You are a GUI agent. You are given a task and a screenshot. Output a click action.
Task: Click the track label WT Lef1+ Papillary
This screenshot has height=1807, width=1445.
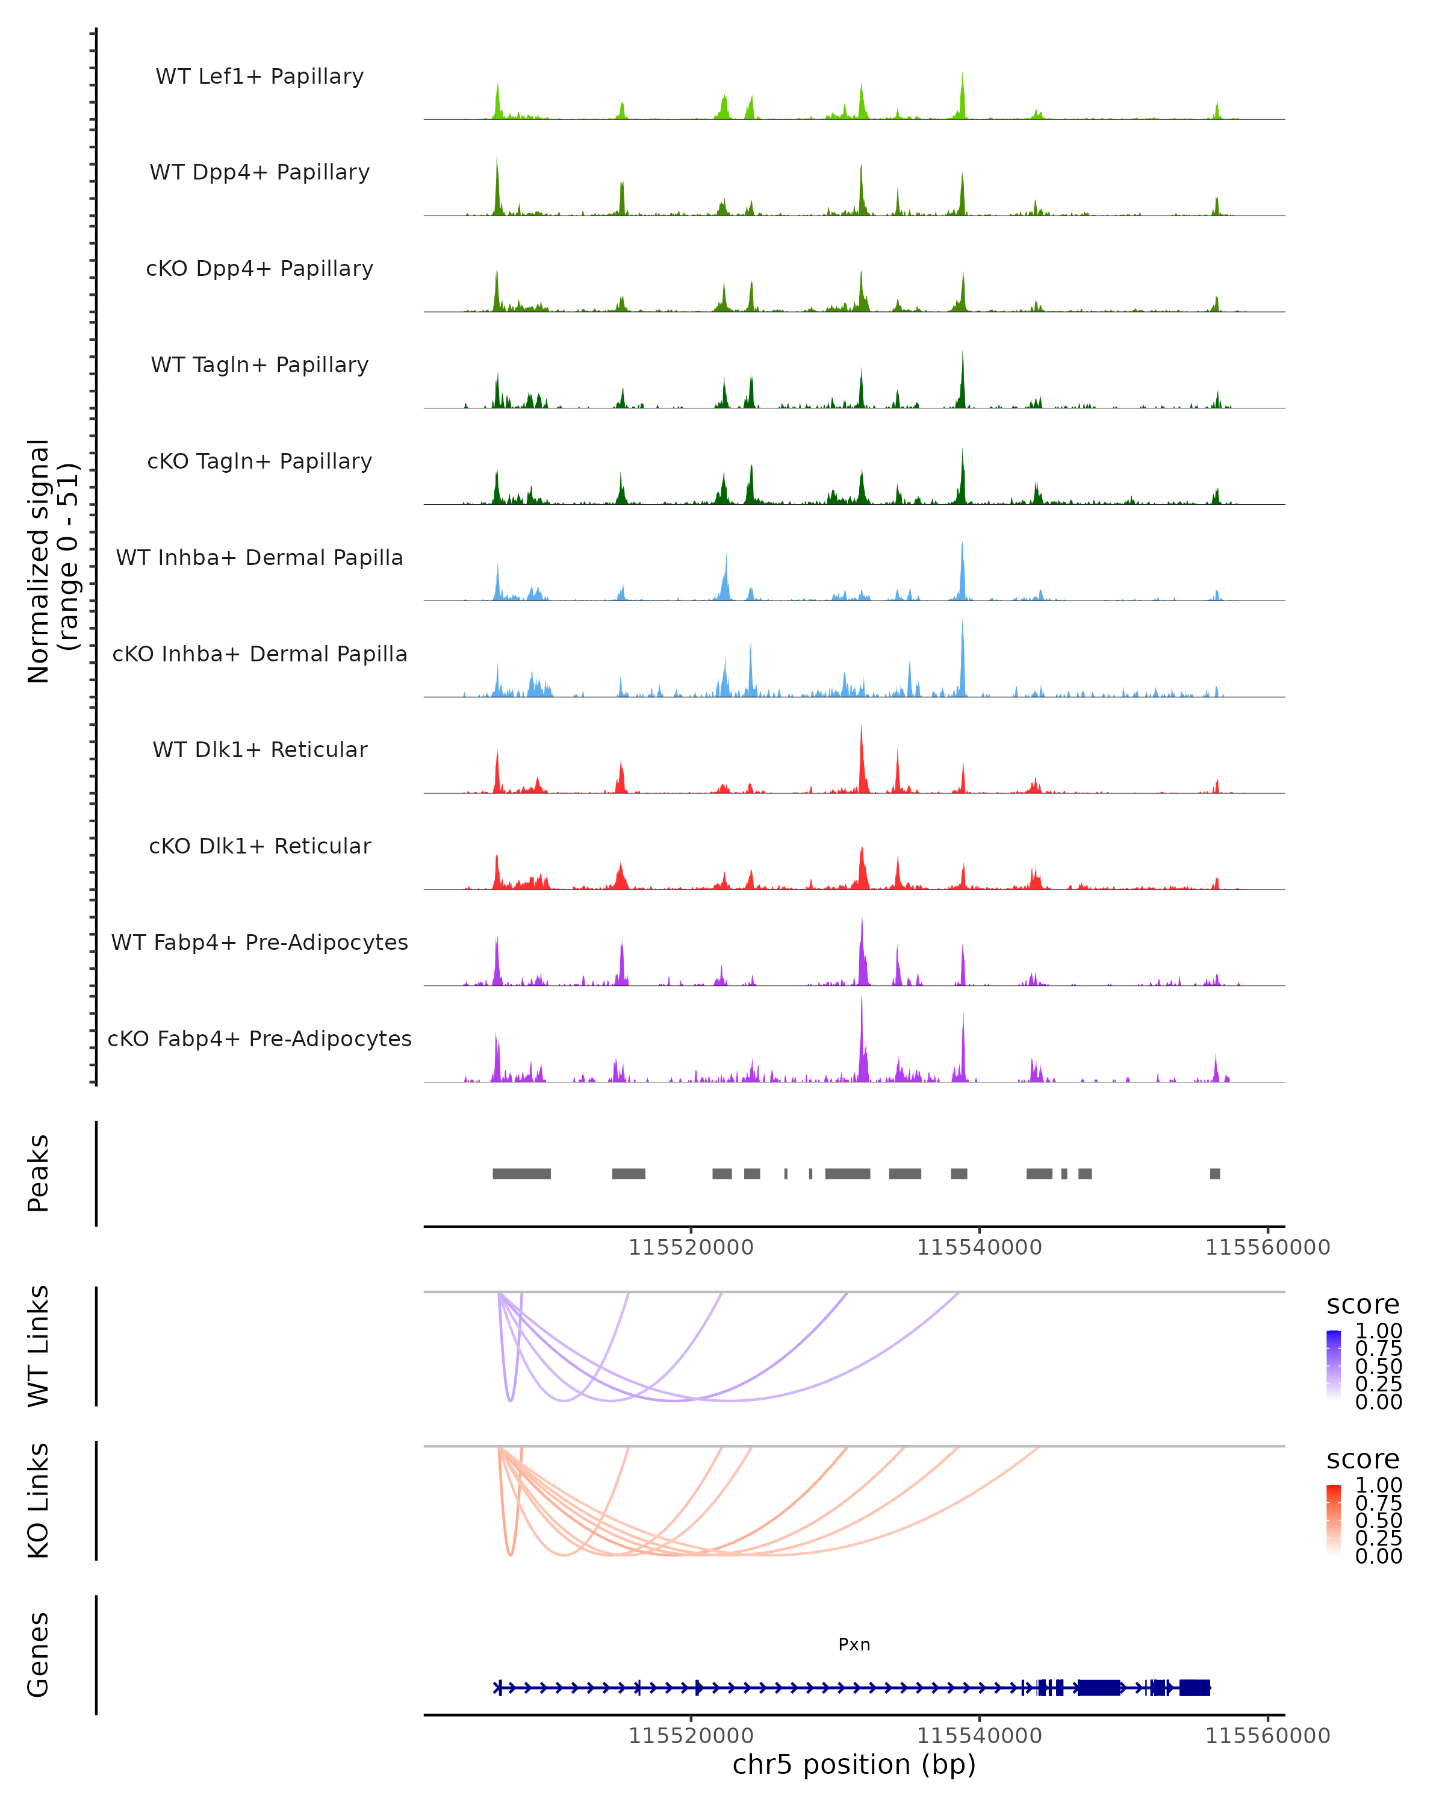coord(259,76)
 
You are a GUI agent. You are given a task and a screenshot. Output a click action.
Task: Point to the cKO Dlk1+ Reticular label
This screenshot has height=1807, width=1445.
coord(259,846)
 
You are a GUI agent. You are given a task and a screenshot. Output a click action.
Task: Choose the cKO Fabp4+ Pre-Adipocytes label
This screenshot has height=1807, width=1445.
coord(259,1038)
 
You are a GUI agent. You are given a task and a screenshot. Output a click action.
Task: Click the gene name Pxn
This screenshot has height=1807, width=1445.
coord(854,1644)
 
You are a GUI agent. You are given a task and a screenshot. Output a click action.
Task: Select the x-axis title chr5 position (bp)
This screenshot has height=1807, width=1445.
coord(854,1764)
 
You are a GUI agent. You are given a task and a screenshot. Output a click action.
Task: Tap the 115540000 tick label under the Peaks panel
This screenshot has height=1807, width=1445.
coord(979,1247)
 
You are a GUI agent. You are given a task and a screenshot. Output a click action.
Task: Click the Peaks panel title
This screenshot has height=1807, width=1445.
coord(39,1173)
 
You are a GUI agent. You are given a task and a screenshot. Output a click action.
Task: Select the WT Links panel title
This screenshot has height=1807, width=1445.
coord(39,1346)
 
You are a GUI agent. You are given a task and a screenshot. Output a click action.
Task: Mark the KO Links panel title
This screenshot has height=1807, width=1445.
coord(39,1501)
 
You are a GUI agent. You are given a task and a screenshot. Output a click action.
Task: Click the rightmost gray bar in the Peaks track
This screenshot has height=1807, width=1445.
coord(1214,1173)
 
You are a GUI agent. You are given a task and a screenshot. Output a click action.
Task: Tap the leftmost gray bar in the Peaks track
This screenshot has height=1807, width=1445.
coord(521,1173)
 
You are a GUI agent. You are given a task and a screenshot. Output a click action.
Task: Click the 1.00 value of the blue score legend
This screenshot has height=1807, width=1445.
coord(1378,1331)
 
